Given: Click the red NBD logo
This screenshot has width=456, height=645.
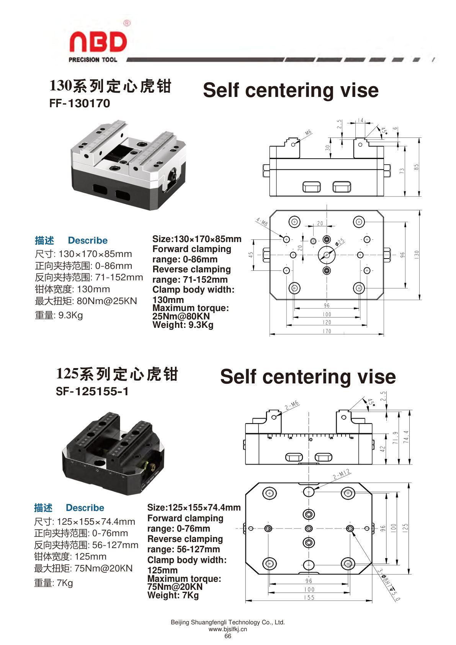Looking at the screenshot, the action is pos(98,42).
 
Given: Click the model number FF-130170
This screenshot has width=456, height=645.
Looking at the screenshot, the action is pos(80,103).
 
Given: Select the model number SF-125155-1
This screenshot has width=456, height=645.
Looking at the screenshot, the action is pos(92,391).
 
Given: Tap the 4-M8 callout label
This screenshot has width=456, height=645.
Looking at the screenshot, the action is pos(262,222).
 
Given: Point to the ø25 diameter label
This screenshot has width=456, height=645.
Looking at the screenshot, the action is pos(340,242).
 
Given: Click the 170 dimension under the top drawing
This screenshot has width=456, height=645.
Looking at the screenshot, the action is pos(327,331).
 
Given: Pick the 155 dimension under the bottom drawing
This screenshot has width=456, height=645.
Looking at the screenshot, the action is pos(309,598).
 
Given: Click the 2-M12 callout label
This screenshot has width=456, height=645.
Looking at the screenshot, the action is pos(342,474).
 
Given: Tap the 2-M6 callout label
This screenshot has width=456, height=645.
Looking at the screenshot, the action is pos(292,405).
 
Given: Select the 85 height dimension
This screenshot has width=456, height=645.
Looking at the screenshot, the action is pos(416,167).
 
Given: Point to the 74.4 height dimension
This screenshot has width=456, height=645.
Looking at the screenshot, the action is pos(406,437).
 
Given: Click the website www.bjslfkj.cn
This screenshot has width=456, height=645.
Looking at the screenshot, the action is pos(228,629).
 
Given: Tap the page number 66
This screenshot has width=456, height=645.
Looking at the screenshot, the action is pos(228,636).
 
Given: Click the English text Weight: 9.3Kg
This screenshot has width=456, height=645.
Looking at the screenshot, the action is pos(183,325).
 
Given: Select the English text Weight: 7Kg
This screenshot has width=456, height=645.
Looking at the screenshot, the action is pos(173,595).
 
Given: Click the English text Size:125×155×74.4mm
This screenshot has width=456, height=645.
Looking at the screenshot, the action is pos(194,507).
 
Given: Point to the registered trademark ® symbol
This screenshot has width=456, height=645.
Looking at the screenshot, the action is pos(127,23).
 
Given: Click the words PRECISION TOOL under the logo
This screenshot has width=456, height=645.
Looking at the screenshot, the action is pos(93,60).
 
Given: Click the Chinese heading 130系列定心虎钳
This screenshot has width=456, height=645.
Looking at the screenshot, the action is pos(110,86).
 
